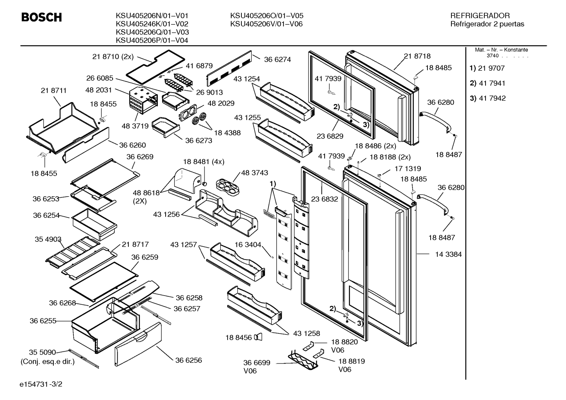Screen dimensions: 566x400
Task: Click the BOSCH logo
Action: pyautogui.click(x=42, y=17)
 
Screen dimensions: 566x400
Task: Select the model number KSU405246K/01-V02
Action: pyautogui.click(x=152, y=24)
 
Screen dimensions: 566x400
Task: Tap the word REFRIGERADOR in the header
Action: pyautogui.click(x=480, y=16)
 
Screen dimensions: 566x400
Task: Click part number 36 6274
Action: pyautogui.click(x=278, y=59)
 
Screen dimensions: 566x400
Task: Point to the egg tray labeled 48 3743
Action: pyautogui.click(x=228, y=187)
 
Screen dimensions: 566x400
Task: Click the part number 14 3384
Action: pyautogui.click(x=448, y=254)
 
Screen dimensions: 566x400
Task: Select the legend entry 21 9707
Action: pyautogui.click(x=491, y=68)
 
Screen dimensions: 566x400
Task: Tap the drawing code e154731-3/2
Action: pyautogui.click(x=41, y=384)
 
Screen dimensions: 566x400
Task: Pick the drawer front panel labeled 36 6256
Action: pyautogui.click(x=138, y=344)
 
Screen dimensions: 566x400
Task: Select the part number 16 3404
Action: pyautogui.click(x=248, y=245)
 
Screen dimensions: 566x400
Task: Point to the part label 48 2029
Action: pyautogui.click(x=221, y=103)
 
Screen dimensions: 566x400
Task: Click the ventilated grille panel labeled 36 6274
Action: pyautogui.click(x=229, y=68)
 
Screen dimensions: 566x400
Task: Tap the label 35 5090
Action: pyautogui.click(x=42, y=352)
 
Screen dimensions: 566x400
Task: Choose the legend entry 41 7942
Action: pyautogui.click(x=492, y=98)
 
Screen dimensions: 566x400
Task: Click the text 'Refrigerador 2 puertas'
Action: pyautogui.click(x=487, y=24)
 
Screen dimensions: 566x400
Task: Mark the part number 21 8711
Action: pyautogui.click(x=53, y=90)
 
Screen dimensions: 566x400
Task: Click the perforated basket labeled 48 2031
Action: pyautogui.click(x=143, y=100)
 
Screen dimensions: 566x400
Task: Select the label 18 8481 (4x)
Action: pyautogui.click(x=204, y=162)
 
